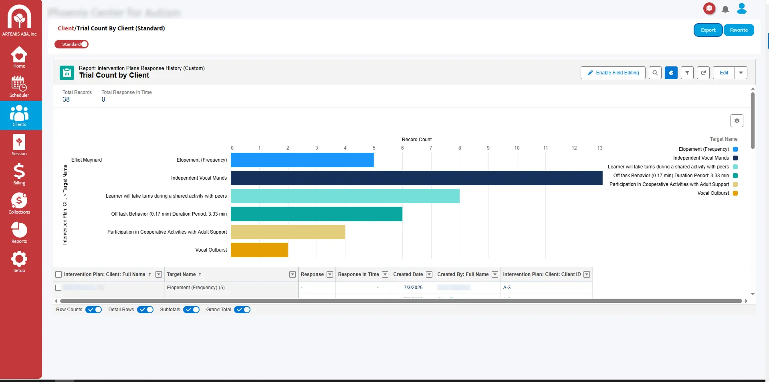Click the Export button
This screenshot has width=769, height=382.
(x=708, y=30)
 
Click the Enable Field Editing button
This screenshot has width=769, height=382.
(x=613, y=73)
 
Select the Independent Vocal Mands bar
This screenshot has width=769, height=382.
(x=416, y=178)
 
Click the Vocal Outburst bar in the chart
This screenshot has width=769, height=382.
(x=259, y=250)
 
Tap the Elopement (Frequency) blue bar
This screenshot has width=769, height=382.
(x=302, y=160)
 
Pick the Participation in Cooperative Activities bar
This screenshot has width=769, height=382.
(x=288, y=232)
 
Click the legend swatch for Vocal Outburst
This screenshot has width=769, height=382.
(x=735, y=193)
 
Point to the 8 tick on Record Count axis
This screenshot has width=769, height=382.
(x=460, y=148)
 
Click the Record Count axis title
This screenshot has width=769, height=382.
(x=416, y=140)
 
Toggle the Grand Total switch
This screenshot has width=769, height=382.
(x=242, y=310)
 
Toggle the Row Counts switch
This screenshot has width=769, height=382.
(x=94, y=310)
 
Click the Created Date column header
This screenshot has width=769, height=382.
(x=408, y=274)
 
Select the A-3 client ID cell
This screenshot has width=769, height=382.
(x=507, y=288)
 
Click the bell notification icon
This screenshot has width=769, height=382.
(x=725, y=9)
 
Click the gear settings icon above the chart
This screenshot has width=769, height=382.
(x=737, y=121)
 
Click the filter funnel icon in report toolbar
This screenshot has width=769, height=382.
(x=687, y=73)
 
